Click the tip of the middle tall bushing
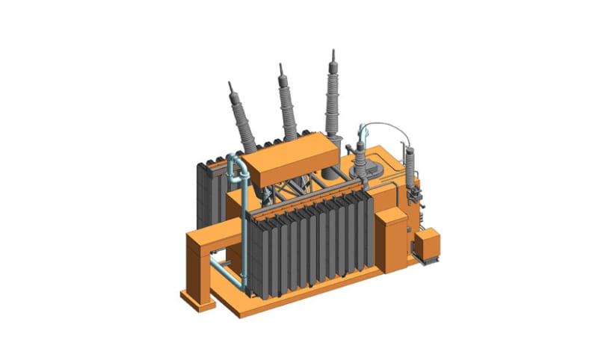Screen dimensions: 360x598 [281, 66]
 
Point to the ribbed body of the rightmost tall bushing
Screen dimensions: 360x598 [331, 97]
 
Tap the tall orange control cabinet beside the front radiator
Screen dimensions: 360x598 [389, 239]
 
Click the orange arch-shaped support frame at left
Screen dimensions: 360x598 [206, 246]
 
